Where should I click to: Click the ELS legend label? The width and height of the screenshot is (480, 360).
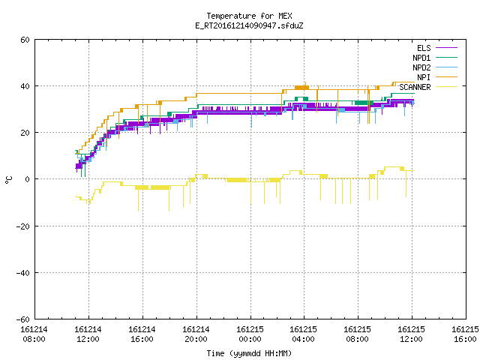click(x=424, y=48)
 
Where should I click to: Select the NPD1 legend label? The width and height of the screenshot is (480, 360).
click(x=421, y=58)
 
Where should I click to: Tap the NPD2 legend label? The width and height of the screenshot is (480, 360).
click(x=421, y=67)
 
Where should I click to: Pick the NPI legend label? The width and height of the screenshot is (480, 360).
click(x=424, y=77)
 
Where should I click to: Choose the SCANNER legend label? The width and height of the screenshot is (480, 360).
click(x=415, y=87)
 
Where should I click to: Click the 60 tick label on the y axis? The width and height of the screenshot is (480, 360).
click(x=25, y=40)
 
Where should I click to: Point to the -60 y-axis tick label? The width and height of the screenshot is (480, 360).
click(x=23, y=319)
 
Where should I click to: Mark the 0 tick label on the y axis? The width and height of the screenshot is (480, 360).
click(x=28, y=179)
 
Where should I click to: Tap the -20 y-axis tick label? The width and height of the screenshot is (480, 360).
click(x=23, y=226)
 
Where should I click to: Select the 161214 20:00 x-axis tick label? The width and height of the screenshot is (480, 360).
click(x=196, y=334)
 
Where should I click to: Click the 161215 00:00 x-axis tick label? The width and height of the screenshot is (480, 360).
click(x=250, y=334)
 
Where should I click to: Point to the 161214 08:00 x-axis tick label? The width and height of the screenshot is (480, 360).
click(x=34, y=334)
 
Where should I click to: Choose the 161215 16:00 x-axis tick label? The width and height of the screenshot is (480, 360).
click(x=465, y=334)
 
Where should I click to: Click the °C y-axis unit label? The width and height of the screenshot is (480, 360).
click(x=9, y=180)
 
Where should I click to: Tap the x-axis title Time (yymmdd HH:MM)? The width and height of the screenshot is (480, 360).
click(x=249, y=353)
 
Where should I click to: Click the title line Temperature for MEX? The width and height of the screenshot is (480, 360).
click(x=249, y=16)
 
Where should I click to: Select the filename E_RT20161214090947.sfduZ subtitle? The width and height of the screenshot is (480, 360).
click(x=249, y=25)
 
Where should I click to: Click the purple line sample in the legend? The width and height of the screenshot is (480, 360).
click(x=446, y=48)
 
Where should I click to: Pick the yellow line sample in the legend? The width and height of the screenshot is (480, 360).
click(x=446, y=87)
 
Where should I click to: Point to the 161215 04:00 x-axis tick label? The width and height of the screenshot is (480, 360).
click(x=303, y=334)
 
